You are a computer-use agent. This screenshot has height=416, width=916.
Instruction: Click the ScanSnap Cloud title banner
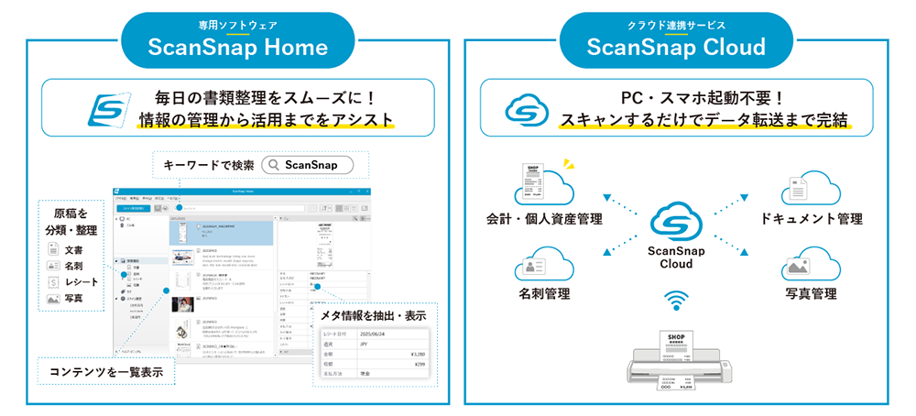coord(679,39)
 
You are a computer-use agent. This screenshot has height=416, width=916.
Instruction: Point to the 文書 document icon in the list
coord(54,249)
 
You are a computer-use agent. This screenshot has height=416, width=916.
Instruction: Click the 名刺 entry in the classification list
coord(77,266)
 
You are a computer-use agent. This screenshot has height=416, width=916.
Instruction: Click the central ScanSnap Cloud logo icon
coord(676,224)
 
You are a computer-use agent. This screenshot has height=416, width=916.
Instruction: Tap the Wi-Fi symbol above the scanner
coord(677,301)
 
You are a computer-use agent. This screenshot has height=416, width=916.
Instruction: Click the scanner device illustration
coord(677,362)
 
